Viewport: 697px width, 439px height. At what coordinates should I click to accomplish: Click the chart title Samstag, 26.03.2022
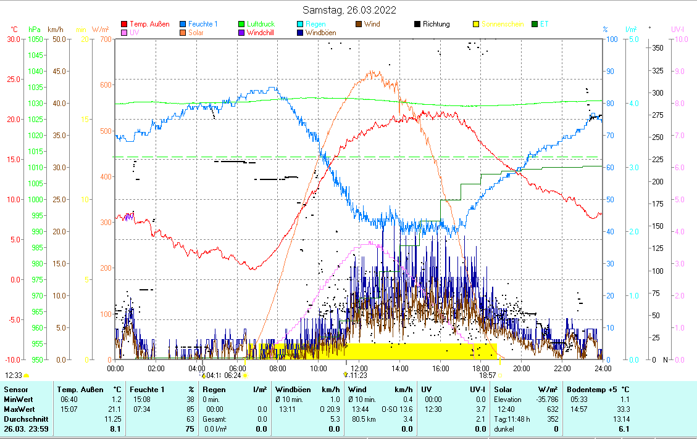point(349,10)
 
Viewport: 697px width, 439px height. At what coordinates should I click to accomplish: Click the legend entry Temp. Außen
point(149,24)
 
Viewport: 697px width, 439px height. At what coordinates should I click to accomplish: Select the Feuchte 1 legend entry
point(202,24)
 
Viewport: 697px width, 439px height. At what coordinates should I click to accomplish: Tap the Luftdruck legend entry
point(261,24)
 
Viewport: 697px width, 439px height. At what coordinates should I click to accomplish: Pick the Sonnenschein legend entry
point(502,24)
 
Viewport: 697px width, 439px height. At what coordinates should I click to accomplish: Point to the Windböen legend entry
point(320,33)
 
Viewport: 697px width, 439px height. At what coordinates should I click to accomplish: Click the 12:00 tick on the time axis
point(359,368)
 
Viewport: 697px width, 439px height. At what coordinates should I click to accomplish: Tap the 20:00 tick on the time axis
point(522,368)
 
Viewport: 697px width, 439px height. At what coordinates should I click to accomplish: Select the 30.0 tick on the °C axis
point(14,39)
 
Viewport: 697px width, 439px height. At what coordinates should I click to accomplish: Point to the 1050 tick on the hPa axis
point(35,39)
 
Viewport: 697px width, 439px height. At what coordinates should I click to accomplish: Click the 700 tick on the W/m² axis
point(105,39)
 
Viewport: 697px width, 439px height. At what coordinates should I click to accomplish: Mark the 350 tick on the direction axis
point(658,47)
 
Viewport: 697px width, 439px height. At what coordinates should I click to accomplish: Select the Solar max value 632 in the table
point(553,409)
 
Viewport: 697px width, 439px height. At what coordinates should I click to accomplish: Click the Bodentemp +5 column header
point(598,390)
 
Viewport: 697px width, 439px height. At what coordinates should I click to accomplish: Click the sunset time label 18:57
point(488,374)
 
